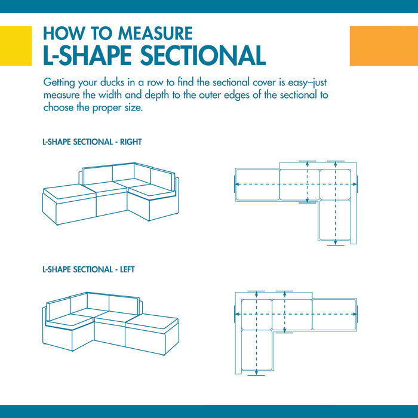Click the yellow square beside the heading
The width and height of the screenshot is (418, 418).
click(16, 46)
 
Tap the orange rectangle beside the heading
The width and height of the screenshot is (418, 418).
click(383, 46)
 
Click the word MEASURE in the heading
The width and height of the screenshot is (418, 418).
click(155, 33)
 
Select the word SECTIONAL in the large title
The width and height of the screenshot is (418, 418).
click(202, 56)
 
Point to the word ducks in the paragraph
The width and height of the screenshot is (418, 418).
click(112, 82)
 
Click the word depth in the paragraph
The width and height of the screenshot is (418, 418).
click(157, 96)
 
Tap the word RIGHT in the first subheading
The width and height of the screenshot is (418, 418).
click(131, 142)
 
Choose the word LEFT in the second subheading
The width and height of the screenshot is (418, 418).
click(127, 269)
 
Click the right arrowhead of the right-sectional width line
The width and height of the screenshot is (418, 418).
click(354, 184)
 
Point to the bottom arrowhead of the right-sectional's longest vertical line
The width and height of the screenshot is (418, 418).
click(336, 242)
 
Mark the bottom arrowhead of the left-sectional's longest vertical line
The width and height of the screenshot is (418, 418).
click(256, 373)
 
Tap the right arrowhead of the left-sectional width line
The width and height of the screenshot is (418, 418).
click(354, 314)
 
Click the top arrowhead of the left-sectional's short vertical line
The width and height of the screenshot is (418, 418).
click(285, 294)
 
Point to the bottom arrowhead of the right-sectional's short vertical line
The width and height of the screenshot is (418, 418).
click(308, 200)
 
